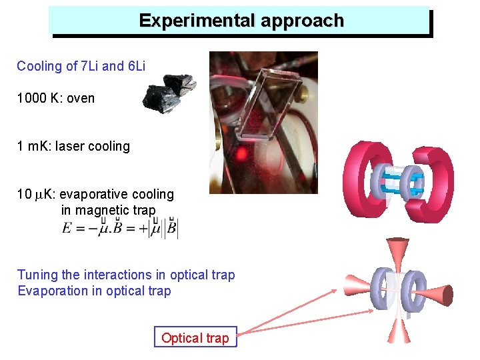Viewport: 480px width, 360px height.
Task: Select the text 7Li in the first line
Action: click(x=89, y=66)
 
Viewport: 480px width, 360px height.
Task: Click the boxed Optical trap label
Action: click(x=195, y=338)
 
